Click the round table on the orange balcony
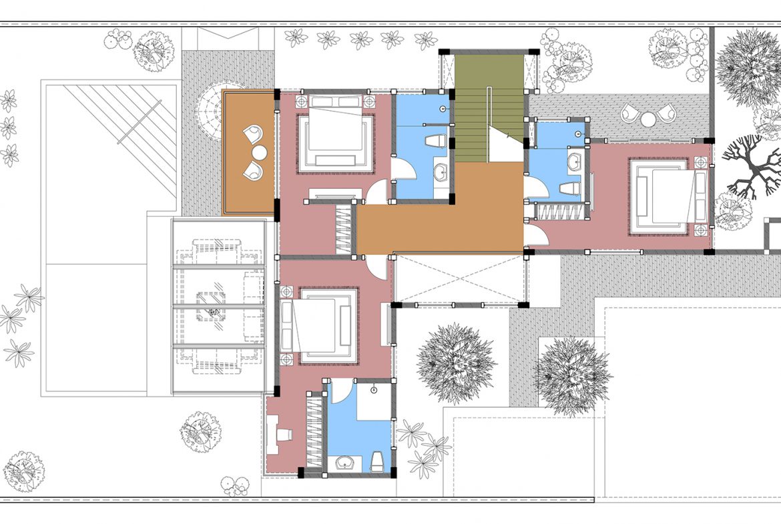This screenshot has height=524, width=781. (258, 152)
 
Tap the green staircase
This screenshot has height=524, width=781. (489, 107)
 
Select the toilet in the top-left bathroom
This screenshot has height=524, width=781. (435, 141)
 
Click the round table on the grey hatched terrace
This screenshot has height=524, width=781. (648, 119)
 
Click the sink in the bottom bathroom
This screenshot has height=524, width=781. (346, 462)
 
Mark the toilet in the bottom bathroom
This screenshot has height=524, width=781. (376, 459)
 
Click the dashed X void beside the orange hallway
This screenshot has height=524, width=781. (460, 278)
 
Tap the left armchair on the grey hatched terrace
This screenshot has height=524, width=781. (630, 113)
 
